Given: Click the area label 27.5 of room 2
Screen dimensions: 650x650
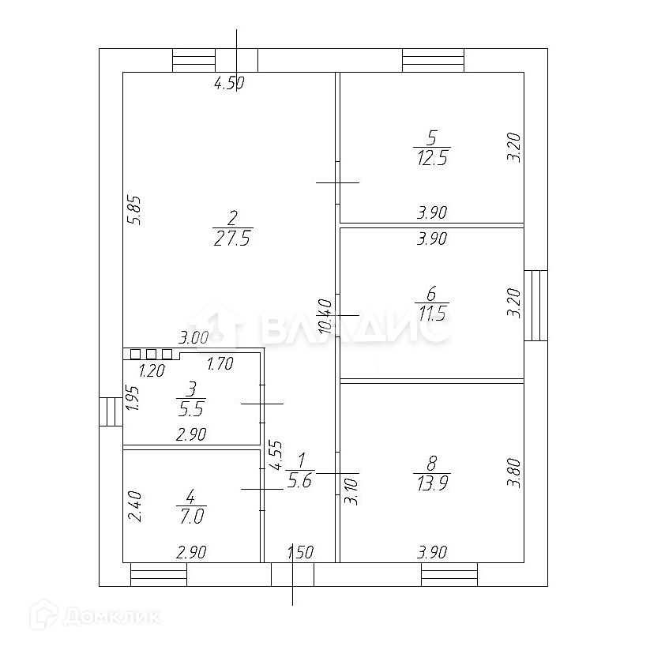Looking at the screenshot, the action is pyautogui.click(x=231, y=239).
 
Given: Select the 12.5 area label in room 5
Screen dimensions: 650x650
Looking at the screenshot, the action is pyautogui.click(x=430, y=157).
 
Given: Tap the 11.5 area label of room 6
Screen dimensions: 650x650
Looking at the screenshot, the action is pyautogui.click(x=430, y=314).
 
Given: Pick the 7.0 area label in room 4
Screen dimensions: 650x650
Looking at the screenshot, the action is pyautogui.click(x=190, y=516).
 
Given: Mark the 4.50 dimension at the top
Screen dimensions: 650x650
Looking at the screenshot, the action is pyautogui.click(x=230, y=84).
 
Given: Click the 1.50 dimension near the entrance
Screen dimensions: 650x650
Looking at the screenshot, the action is pyautogui.click(x=300, y=552).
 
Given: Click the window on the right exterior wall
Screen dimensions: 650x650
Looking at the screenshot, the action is pyautogui.click(x=535, y=305).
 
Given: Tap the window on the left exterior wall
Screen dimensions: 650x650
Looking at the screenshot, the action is pyautogui.click(x=111, y=411).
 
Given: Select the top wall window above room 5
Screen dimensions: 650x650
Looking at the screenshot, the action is pyautogui.click(x=433, y=60).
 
